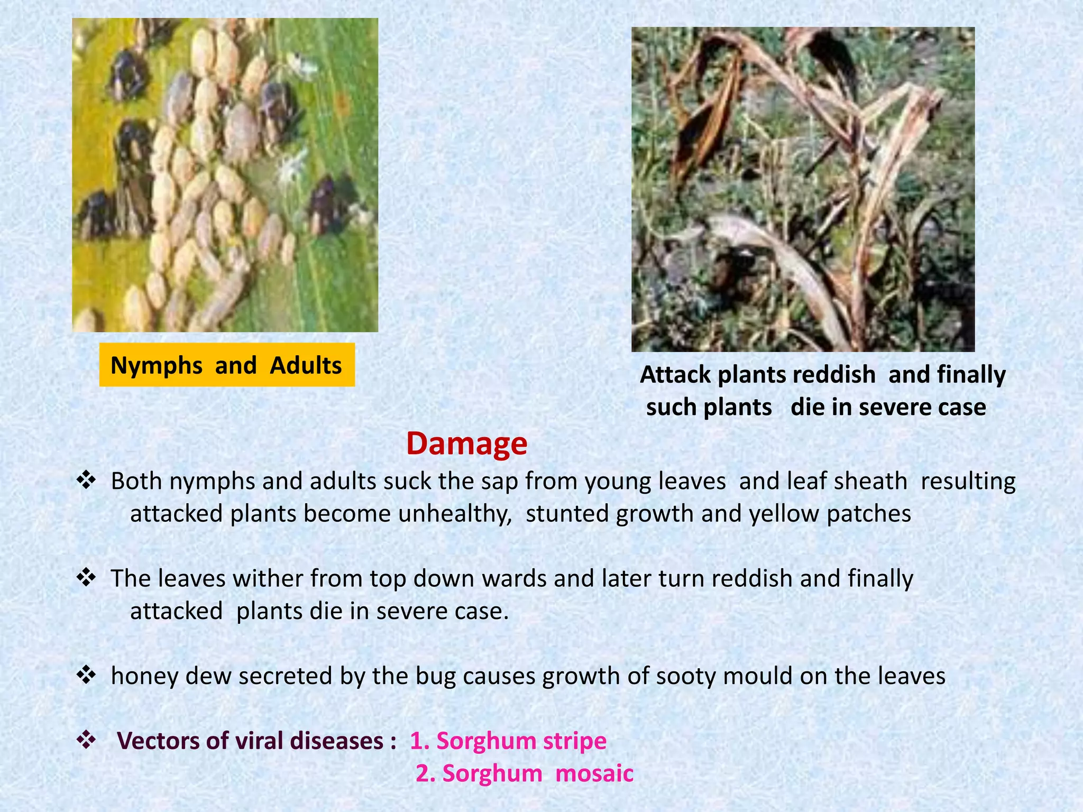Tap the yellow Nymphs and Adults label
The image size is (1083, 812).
point(226,365)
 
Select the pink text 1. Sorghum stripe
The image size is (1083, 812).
point(508,741)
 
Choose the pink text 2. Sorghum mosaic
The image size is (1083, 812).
point(524,773)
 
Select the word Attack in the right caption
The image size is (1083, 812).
point(675,375)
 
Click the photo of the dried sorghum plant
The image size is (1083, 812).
point(803,189)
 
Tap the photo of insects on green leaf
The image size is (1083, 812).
point(225,174)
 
